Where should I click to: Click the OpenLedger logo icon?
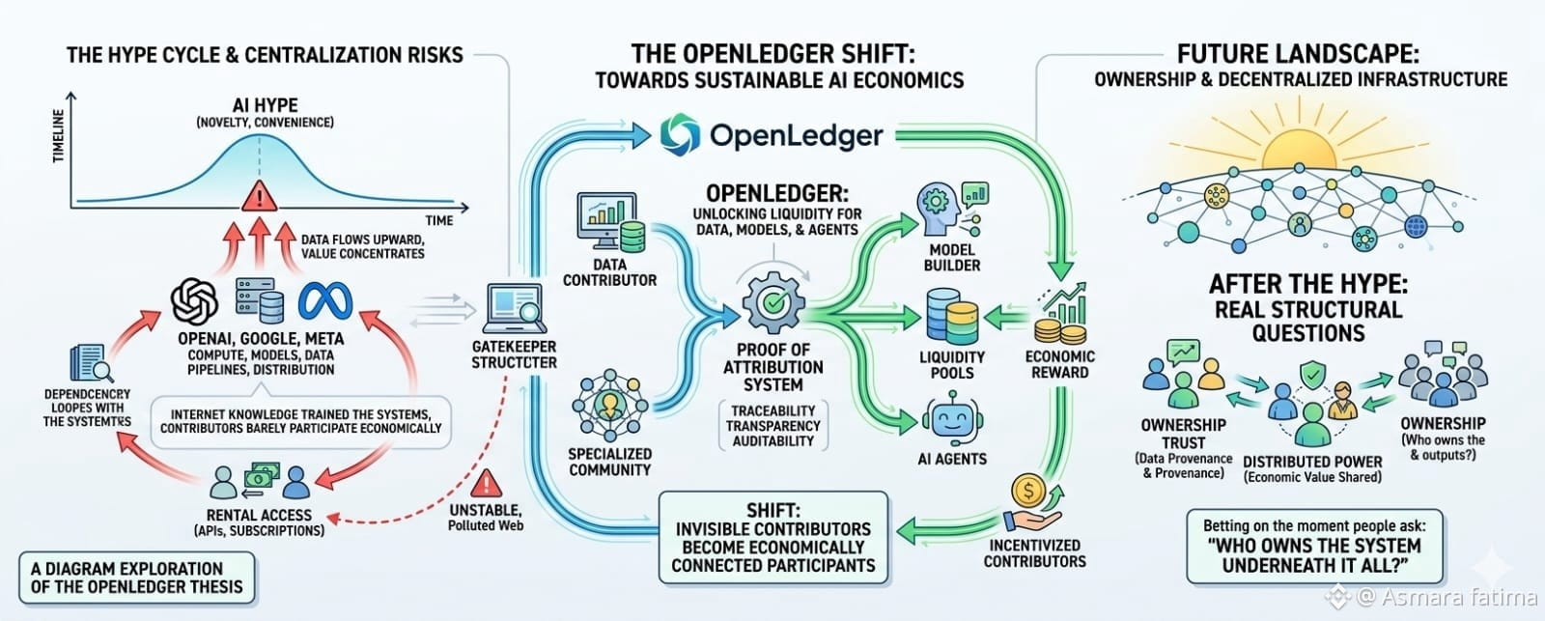pyautogui.click(x=680, y=134)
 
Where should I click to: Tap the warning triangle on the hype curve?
pyautogui.click(x=260, y=196)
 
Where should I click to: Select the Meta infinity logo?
pyautogui.click(x=325, y=302)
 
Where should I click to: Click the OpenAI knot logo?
pyautogui.click(x=195, y=301)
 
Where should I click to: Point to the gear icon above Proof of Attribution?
pyautogui.click(x=773, y=303)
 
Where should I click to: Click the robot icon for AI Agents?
pyautogui.click(x=952, y=418)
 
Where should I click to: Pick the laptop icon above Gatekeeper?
pyautogui.click(x=515, y=308)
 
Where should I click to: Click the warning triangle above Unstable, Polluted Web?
pyautogui.click(x=487, y=484)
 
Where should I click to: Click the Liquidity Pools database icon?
pyautogui.click(x=952, y=317)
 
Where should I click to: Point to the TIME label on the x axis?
pyautogui.click(x=439, y=221)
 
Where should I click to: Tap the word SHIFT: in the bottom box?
pyautogui.click(x=773, y=511)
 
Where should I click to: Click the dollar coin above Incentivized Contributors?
pyautogui.click(x=1029, y=492)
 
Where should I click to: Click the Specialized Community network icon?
pyautogui.click(x=609, y=405)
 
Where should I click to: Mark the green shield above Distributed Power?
pyautogui.click(x=1312, y=375)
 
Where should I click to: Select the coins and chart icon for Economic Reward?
pyautogui.click(x=1061, y=314)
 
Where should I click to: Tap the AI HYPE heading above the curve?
pyautogui.click(x=266, y=105)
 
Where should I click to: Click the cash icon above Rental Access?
pyautogui.click(x=262, y=477)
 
